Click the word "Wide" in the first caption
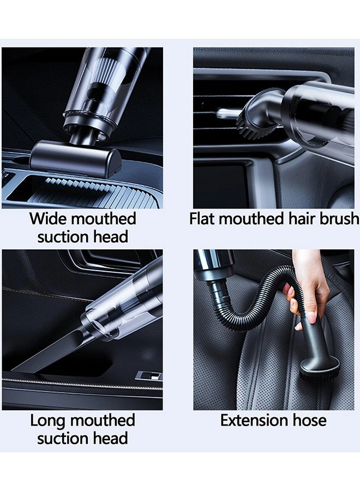pyautogui.click(x=45, y=219)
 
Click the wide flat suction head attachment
pyautogui.click(x=75, y=158)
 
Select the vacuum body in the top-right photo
pyautogui.click(x=319, y=115)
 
